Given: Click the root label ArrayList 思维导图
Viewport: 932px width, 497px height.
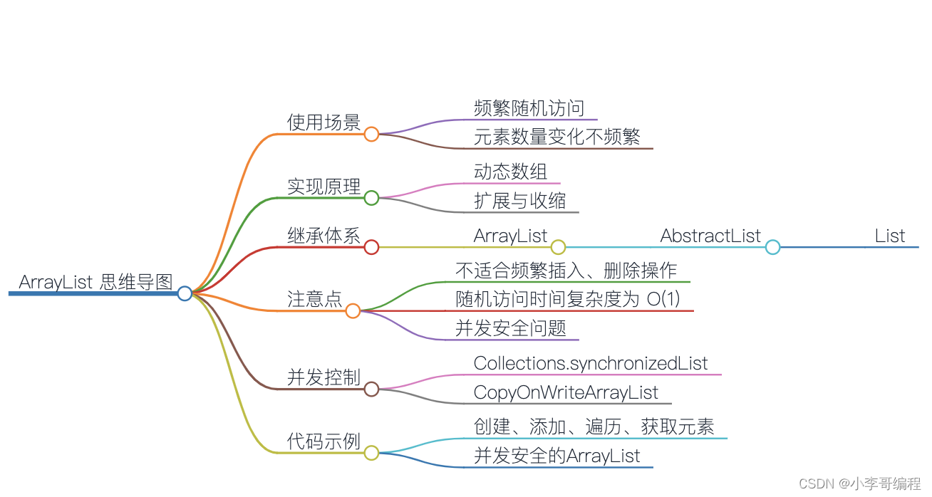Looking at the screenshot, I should (x=95, y=282).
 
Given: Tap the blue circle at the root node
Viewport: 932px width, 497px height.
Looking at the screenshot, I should (x=185, y=293).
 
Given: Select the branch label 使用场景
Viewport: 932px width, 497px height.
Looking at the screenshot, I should (x=323, y=122).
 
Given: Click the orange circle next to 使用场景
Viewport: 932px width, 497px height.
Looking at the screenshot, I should (x=371, y=134).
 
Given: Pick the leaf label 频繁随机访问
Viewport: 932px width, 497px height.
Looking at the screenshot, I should (x=529, y=108).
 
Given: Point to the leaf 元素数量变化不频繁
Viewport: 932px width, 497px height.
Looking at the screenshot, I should (x=556, y=137).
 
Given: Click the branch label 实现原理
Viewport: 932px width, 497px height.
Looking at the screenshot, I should (x=323, y=187).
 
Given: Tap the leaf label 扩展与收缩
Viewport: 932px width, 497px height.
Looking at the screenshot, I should (x=519, y=201).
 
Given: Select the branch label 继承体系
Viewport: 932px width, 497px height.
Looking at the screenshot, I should (x=323, y=236).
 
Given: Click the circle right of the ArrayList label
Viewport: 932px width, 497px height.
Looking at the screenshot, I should (x=558, y=247).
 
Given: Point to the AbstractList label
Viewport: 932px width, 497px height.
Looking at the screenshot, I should (x=710, y=236).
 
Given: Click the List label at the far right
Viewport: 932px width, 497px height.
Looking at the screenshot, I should (x=890, y=236).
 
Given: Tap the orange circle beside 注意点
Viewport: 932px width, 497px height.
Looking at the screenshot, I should (x=353, y=310).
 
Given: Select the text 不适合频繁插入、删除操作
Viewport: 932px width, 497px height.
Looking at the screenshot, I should (x=566, y=271).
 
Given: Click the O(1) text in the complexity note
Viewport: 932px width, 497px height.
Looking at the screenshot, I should (x=663, y=299).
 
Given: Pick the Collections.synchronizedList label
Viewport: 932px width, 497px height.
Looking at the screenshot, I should (x=591, y=363).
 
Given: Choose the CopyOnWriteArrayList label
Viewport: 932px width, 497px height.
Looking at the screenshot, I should (x=566, y=392).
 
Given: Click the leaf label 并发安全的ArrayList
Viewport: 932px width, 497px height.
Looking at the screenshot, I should (x=557, y=456).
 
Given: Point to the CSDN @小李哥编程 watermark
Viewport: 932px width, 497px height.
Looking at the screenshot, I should (x=859, y=483).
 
